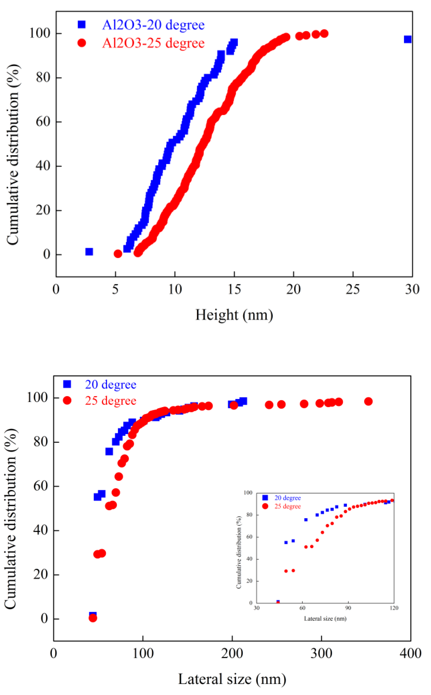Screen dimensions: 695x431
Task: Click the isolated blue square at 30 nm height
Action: (407, 39)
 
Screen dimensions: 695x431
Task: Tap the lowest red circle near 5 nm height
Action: (118, 253)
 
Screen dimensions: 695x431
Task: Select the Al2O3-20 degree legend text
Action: (153, 25)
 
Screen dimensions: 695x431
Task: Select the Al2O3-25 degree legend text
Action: (153, 43)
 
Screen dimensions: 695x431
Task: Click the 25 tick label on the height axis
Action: (353, 290)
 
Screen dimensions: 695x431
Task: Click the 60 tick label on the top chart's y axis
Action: (43, 122)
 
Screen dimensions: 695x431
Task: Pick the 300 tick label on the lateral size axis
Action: (321, 653)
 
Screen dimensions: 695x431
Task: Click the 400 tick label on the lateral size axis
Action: (410, 653)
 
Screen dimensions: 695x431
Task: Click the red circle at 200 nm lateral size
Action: (234, 405)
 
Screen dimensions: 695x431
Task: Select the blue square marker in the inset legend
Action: (265, 498)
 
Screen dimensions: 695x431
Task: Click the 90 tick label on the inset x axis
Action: (348, 608)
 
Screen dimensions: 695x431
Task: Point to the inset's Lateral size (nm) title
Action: (325, 619)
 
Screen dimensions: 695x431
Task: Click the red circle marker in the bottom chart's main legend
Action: (67, 400)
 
